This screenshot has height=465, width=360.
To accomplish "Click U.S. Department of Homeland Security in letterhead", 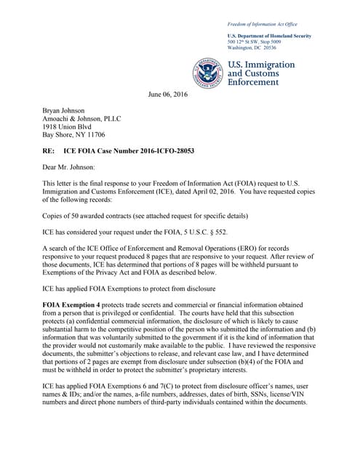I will pyautogui.click(x=269, y=36).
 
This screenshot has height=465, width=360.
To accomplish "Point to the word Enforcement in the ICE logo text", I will pyautogui.click(x=254, y=83).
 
